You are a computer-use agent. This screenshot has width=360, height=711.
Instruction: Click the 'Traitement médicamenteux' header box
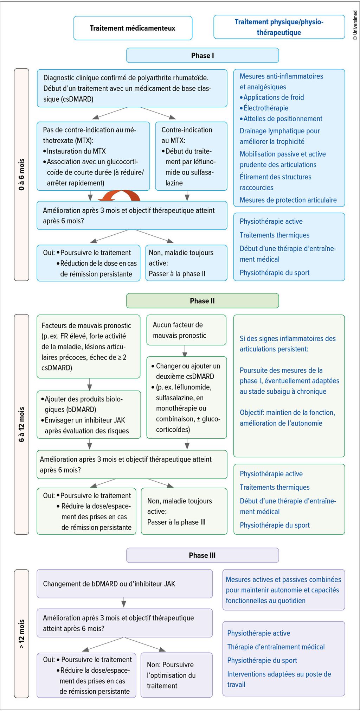pyautogui.click(x=133, y=28)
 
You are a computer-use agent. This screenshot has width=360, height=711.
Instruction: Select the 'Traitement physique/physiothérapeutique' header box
pyautogui.click(x=279, y=27)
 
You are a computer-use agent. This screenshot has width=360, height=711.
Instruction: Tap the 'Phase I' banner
pyautogui.click(x=202, y=56)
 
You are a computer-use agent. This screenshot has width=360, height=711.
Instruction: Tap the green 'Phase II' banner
pyautogui.click(x=202, y=301)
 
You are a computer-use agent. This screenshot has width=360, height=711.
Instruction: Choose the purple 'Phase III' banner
pyautogui.click(x=202, y=555)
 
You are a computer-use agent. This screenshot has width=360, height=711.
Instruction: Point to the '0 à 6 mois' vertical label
pyautogui.click(x=21, y=174)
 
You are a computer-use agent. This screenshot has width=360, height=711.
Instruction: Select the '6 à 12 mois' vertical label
pyautogui.click(x=21, y=424)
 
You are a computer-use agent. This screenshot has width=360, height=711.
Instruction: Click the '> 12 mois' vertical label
pyautogui.click(x=21, y=634)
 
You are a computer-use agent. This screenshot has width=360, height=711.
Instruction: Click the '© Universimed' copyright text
pyautogui.click(x=355, y=25)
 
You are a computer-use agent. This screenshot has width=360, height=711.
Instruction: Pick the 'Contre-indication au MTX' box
pyautogui.click(x=191, y=156)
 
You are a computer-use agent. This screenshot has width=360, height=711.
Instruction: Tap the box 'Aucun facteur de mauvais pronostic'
pyautogui.click(x=186, y=330)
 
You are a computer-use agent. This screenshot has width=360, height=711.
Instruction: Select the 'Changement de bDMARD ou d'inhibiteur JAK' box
pyautogui.click(x=124, y=584)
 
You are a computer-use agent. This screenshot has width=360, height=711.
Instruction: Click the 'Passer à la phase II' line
pyautogui.click(x=177, y=274)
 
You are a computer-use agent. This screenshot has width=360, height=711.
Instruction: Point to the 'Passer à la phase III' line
pyautogui.click(x=176, y=522)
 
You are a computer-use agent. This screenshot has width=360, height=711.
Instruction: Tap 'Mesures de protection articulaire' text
pyautogui.click(x=288, y=200)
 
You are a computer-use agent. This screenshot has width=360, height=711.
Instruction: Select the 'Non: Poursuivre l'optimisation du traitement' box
pyautogui.click(x=176, y=675)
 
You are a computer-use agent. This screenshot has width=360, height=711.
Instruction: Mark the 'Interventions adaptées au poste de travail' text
pyautogui.click(x=279, y=679)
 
